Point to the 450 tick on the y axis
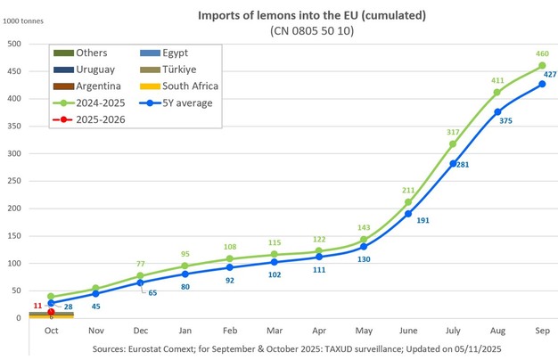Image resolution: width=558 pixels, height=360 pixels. point(15,71)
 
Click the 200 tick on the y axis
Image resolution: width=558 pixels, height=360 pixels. point(15,208)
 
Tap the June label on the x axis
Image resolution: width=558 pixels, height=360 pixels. point(407,331)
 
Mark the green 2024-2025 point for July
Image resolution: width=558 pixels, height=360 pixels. point(453,144)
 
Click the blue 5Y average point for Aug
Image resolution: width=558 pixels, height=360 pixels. point(497,112)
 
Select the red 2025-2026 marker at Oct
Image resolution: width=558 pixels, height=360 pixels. point(51,312)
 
